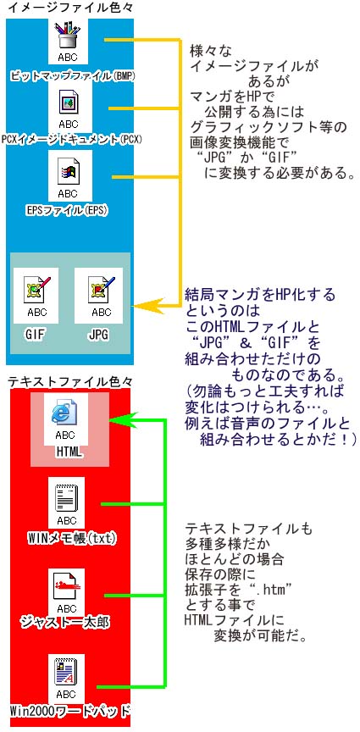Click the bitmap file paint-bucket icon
point(68,35)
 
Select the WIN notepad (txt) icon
point(66,498)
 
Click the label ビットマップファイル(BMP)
point(72,75)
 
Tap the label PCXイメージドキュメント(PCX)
point(71,139)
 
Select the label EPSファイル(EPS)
point(67,210)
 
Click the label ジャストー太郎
point(66,621)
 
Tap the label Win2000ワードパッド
point(68,711)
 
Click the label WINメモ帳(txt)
point(71,538)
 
